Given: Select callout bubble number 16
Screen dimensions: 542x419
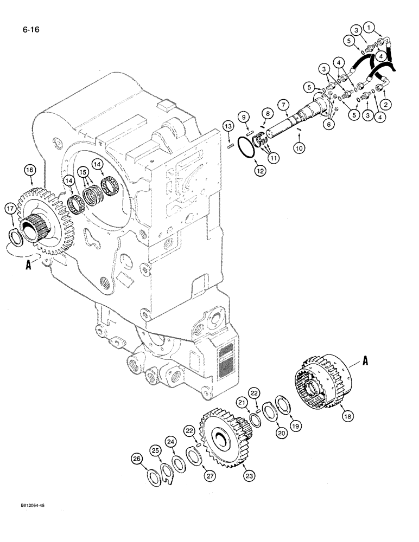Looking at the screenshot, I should [x=29, y=171].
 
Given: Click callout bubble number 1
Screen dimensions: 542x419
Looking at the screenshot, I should [x=370, y=26].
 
